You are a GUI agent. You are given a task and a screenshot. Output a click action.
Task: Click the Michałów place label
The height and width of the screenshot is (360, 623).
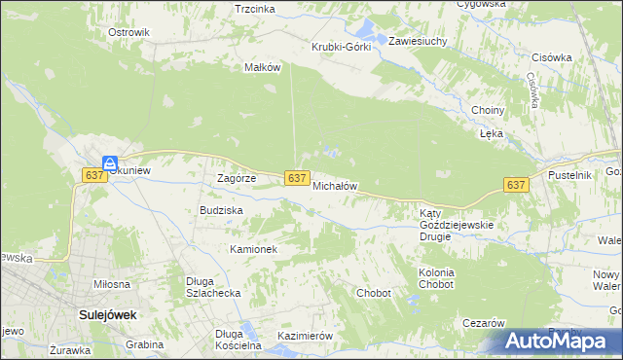point(336,185)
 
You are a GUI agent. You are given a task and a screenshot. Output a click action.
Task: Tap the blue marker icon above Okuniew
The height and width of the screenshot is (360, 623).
point(111,163)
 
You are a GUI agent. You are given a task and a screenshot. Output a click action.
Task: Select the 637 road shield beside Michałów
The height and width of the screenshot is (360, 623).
point(299,178)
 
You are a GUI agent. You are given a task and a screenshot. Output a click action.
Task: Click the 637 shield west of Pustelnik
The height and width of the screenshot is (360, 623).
point(516,185)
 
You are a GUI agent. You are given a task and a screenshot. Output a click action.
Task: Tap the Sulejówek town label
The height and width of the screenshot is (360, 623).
point(107,315)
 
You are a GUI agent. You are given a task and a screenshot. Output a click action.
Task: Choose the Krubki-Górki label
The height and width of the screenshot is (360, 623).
point(341,47)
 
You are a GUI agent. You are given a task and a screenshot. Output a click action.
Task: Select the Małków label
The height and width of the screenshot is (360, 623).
point(263,67)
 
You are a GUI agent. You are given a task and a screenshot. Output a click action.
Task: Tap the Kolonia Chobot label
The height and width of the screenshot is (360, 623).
point(436,279)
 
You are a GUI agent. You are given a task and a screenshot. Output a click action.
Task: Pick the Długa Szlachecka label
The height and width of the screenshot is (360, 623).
point(213,287)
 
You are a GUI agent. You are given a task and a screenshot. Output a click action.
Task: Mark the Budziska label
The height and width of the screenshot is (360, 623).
point(221,209)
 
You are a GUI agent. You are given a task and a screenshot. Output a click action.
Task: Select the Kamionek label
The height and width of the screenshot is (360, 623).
point(254,249)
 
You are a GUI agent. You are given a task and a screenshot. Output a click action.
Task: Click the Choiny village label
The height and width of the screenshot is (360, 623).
point(487,110)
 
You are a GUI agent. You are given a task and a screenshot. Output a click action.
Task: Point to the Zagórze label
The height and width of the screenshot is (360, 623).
point(236,178)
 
